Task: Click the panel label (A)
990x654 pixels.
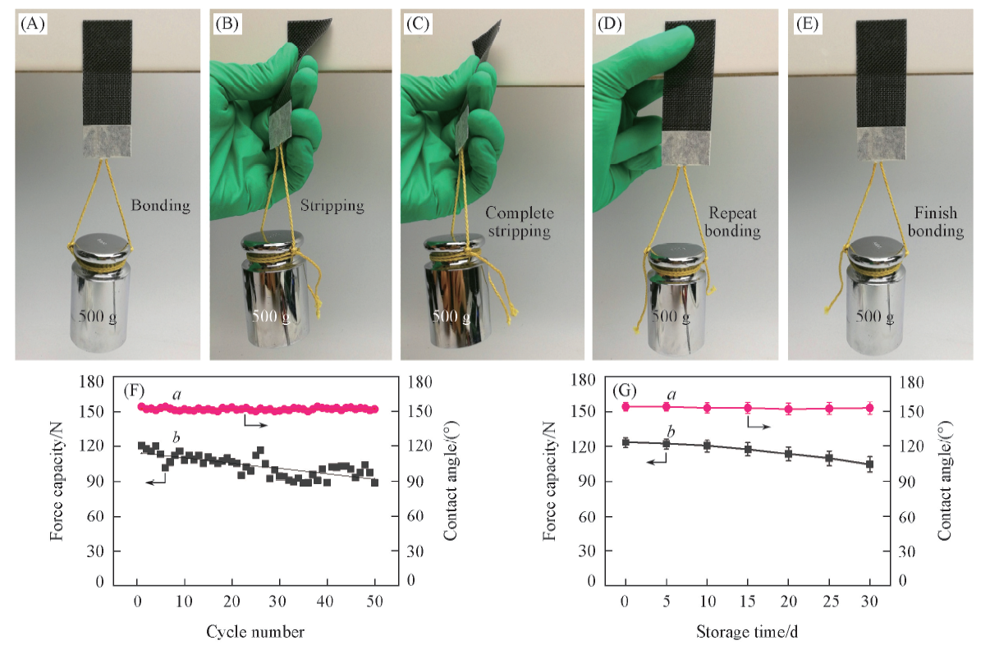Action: tap(34, 23)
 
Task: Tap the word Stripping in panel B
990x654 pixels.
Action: tap(332, 205)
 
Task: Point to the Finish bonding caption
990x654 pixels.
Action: tap(936, 222)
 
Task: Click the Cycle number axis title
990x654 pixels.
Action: tap(255, 631)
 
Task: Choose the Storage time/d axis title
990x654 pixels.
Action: tap(746, 631)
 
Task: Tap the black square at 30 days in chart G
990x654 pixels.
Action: tap(869, 464)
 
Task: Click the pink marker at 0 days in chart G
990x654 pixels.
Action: tap(626, 406)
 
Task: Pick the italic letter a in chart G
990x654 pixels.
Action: tap(671, 396)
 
